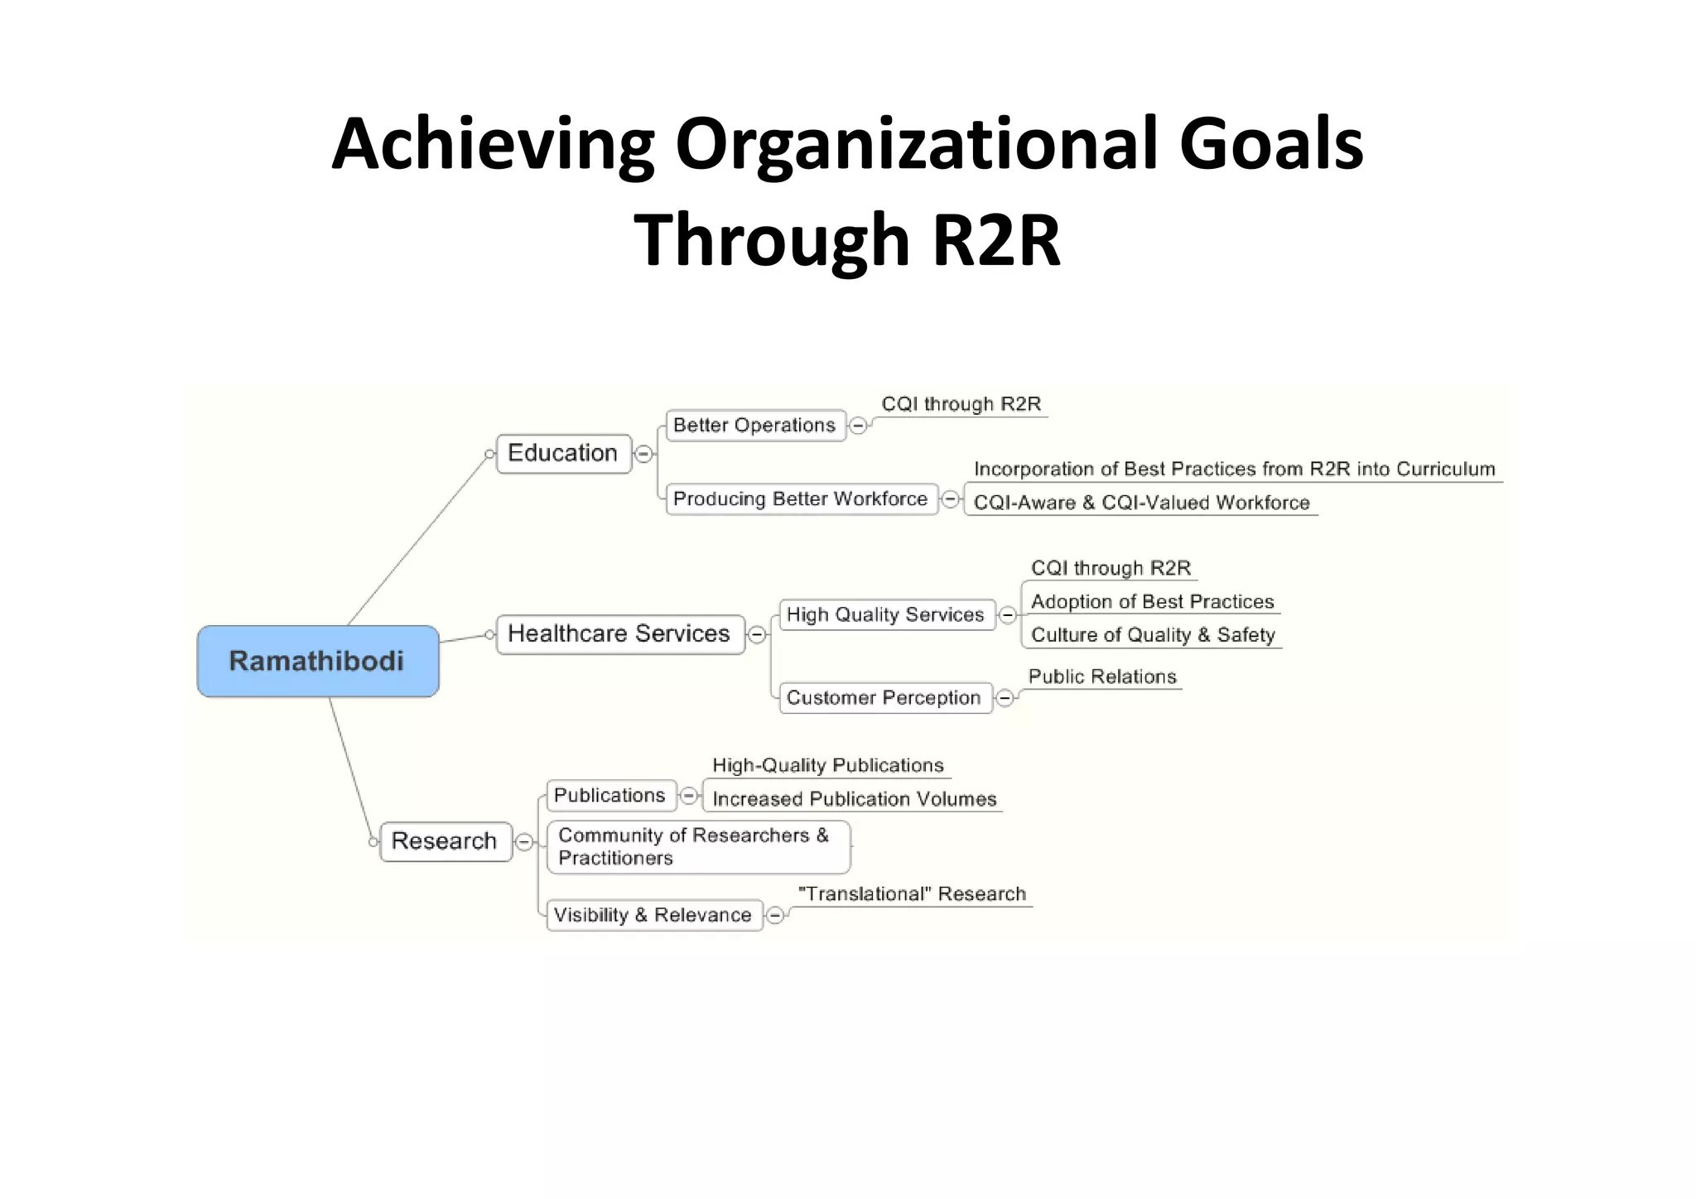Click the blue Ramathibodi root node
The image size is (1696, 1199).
click(x=318, y=661)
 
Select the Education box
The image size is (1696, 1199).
click(x=563, y=454)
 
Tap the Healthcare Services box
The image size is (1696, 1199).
click(x=619, y=634)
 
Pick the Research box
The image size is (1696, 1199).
click(x=445, y=841)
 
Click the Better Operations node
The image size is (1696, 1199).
click(x=754, y=426)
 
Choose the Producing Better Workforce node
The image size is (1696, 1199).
click(x=801, y=499)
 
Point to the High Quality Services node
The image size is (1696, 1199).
click(x=885, y=615)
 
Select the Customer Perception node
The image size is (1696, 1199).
click(x=884, y=698)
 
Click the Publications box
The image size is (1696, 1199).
click(x=610, y=796)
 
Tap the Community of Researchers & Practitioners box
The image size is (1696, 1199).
click(x=697, y=847)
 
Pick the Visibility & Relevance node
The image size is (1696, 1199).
click(x=653, y=915)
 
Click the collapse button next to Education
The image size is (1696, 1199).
click(x=643, y=454)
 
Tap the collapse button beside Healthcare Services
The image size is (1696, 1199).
click(x=757, y=635)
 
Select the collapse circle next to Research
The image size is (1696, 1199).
click(x=524, y=842)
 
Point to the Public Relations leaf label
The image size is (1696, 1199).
click(x=1102, y=677)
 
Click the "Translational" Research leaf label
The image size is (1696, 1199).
click(x=912, y=894)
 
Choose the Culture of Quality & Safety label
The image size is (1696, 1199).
click(x=1153, y=635)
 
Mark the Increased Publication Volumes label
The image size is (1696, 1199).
click(x=855, y=799)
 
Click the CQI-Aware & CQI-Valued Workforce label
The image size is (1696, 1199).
click(x=1142, y=503)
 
